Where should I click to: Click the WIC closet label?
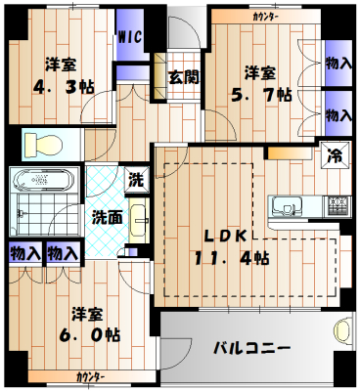(129, 37)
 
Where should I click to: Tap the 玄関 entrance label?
(177, 76)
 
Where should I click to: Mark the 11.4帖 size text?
(231, 258)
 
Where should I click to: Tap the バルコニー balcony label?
(251, 348)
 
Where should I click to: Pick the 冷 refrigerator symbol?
(332, 153)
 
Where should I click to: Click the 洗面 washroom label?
(108, 217)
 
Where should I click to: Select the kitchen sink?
(289, 206)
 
